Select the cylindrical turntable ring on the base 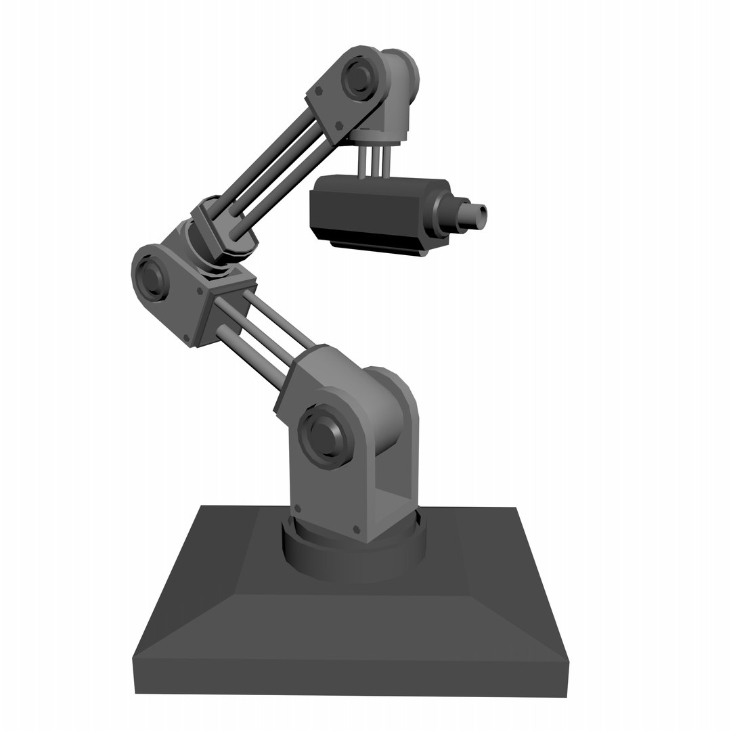(x=352, y=552)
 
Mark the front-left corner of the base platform (x=133, y=658)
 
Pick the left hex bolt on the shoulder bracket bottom (x=297, y=508)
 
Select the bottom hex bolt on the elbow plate (x=187, y=338)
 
